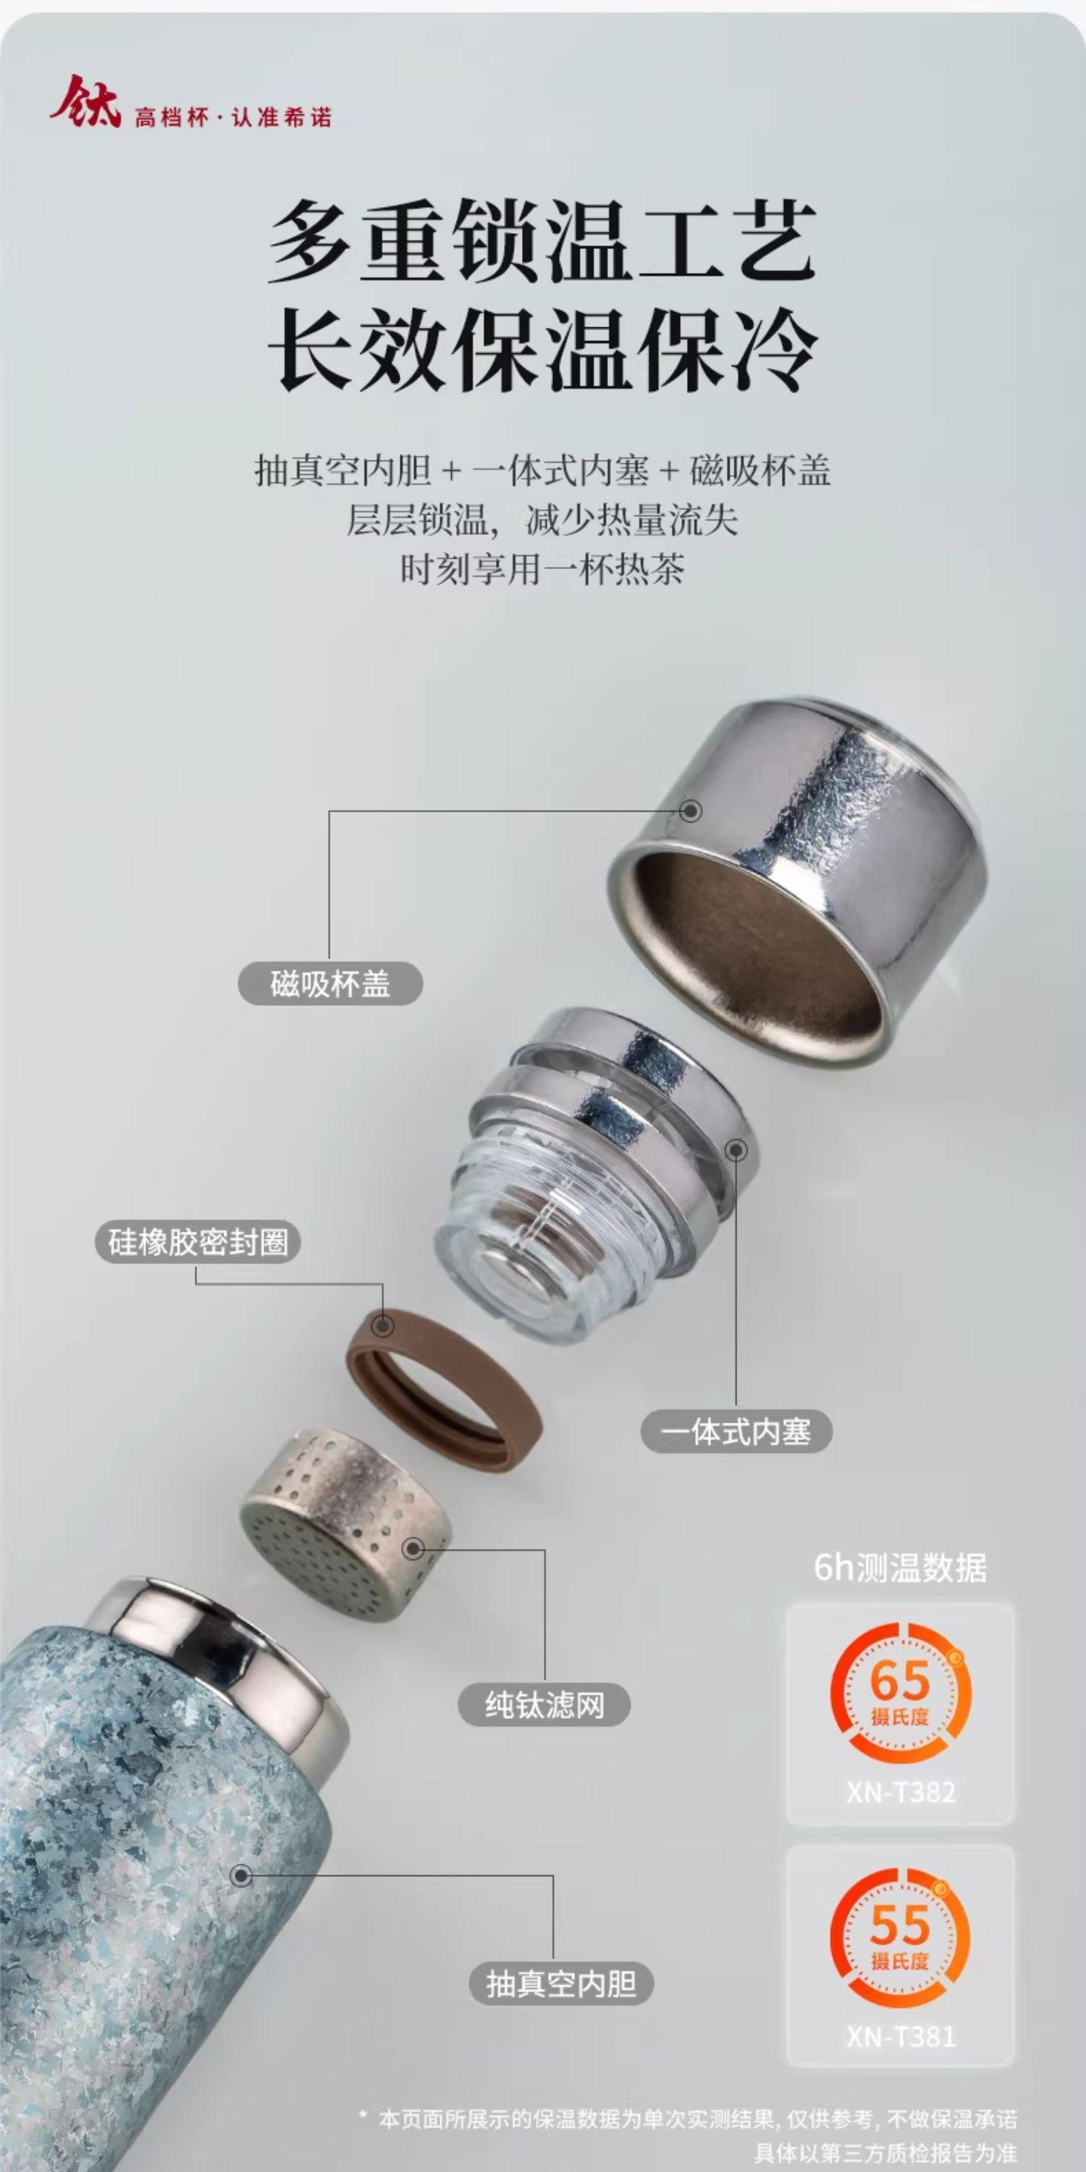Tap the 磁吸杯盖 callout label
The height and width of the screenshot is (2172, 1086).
tap(329, 983)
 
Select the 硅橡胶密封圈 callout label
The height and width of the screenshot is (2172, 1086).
tap(198, 1242)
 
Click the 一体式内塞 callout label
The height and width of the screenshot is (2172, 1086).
tap(736, 1431)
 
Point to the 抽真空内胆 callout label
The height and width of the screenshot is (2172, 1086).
tap(560, 1983)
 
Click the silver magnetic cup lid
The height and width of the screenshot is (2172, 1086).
tap(798, 869)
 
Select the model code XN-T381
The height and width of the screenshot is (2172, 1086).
tap(901, 2034)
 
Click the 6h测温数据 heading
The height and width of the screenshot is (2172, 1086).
tap(900, 1568)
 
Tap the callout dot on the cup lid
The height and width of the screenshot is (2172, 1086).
tap(691, 811)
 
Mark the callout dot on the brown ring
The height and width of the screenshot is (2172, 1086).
tap(384, 1326)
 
